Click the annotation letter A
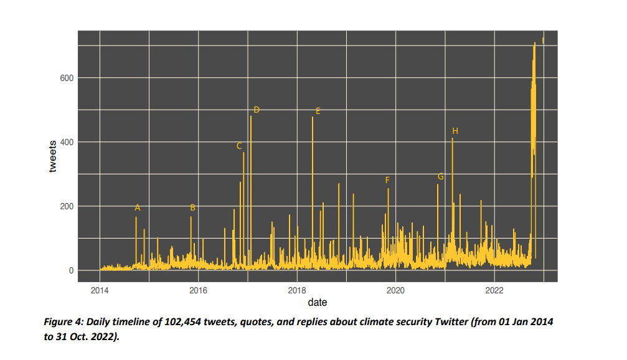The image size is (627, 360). pos(138,207)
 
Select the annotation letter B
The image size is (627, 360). pos(192,207)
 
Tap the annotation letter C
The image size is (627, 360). pos(239,146)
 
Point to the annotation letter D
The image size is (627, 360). pos(256,110)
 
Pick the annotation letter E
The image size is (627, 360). pos(318,111)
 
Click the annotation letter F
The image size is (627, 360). pos(387,180)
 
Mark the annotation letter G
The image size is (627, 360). pos(441,177)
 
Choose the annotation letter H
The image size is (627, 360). pos(455,131)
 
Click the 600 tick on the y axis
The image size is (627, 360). pos(67,78)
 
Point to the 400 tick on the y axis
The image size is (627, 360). pos(67,142)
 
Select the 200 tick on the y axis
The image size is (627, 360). pos(67,206)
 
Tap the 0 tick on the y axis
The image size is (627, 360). pos(71,270)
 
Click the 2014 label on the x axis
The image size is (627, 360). pos(100,290)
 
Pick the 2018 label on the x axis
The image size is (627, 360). pos(297,290)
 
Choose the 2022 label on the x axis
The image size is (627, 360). pos(494,290)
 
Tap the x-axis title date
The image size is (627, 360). pos(317,303)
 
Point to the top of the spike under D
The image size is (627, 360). pos(251,116)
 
